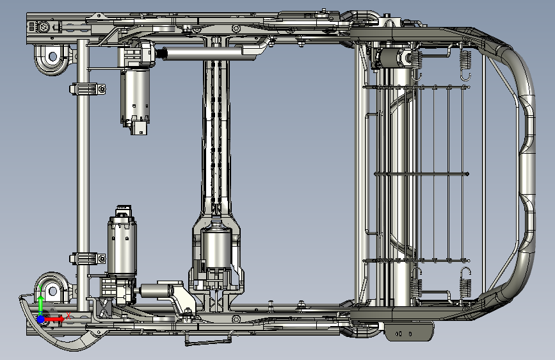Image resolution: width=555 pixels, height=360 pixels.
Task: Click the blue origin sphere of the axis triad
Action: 41,319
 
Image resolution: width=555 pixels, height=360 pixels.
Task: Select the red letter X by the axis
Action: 68,316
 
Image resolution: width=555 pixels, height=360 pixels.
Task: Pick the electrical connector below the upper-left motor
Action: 139,128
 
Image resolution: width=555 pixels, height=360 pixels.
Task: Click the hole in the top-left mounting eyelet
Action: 52,56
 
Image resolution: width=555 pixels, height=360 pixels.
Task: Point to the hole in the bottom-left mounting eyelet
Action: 52,291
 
